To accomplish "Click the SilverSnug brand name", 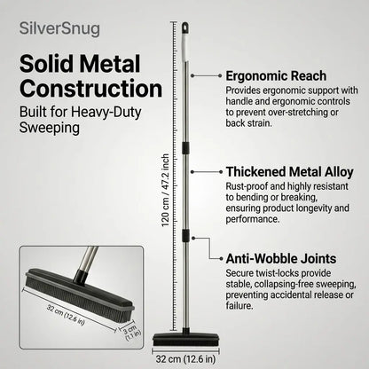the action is point(59,29).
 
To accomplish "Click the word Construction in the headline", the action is point(91,89).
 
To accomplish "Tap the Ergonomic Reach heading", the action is point(276,76).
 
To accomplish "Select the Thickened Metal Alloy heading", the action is point(290,172).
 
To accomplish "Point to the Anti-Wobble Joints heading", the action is point(281,259).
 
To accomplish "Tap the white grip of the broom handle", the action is point(185,47).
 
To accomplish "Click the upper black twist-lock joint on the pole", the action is point(185,148).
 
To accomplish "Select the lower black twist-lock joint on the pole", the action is point(185,234).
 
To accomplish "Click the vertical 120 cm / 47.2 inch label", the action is point(165,190).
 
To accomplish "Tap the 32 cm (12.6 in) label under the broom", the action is point(185,359).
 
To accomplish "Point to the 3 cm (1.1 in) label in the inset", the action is point(131,333).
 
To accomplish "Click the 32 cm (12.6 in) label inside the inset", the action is point(66,315).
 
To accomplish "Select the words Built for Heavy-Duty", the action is point(81,113).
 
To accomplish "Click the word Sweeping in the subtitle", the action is point(50,128).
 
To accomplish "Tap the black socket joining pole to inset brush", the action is point(82,275).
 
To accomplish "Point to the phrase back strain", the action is point(248,123).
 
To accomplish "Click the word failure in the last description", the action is point(239,305).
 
